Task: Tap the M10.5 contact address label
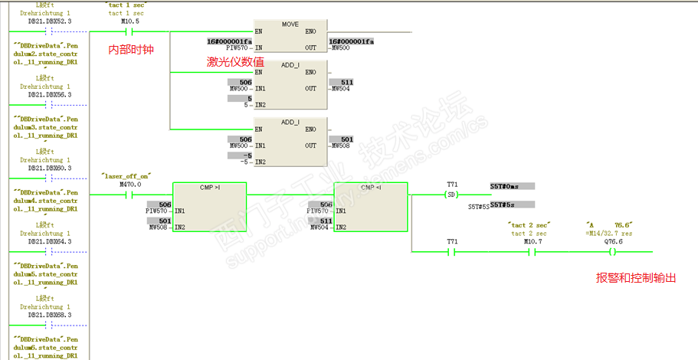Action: point(130,21)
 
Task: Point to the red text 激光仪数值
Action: point(236,61)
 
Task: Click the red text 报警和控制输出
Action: point(636,278)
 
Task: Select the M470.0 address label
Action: point(129,185)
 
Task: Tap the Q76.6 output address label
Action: point(614,241)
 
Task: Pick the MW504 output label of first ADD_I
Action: point(342,89)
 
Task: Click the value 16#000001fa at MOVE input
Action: point(230,41)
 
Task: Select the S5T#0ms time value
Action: point(504,186)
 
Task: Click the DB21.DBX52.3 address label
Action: point(49,21)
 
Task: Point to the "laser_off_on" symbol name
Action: point(126,175)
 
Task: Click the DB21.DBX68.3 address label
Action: point(49,315)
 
